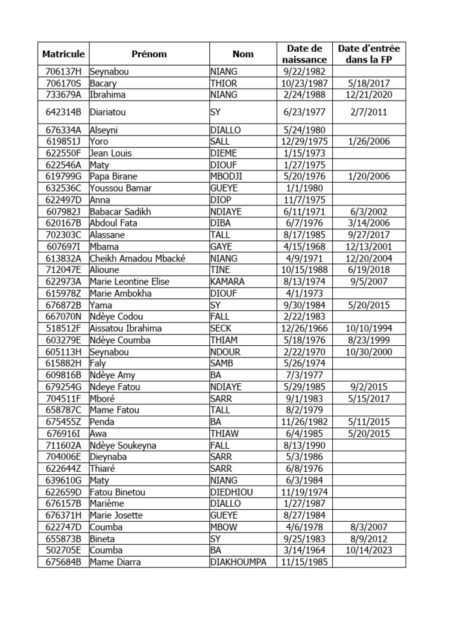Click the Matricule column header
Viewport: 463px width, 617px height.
pyautogui.click(x=63, y=54)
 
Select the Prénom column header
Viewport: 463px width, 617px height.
pyautogui.click(x=149, y=54)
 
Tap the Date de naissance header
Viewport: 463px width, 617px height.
pyautogui.click(x=304, y=54)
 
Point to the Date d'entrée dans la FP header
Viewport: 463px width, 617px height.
pyautogui.click(x=369, y=54)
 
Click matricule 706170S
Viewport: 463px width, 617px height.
pyautogui.click(x=63, y=83)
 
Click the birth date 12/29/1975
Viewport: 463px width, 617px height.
pyautogui.click(x=304, y=142)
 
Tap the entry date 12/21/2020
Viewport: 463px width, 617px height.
pyautogui.click(x=369, y=95)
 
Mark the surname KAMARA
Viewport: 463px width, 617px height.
pyautogui.click(x=227, y=281)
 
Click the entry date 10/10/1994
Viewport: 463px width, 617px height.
pyautogui.click(x=369, y=328)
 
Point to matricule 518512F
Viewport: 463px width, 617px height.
pyautogui.click(x=63, y=328)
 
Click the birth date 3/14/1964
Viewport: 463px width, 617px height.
pyautogui.click(x=304, y=550)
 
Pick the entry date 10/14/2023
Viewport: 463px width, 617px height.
pyautogui.click(x=369, y=550)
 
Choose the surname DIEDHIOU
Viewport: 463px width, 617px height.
pyautogui.click(x=231, y=492)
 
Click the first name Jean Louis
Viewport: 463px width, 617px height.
pyautogui.click(x=110, y=153)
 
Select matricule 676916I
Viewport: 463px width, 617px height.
pyautogui.click(x=63, y=433)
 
